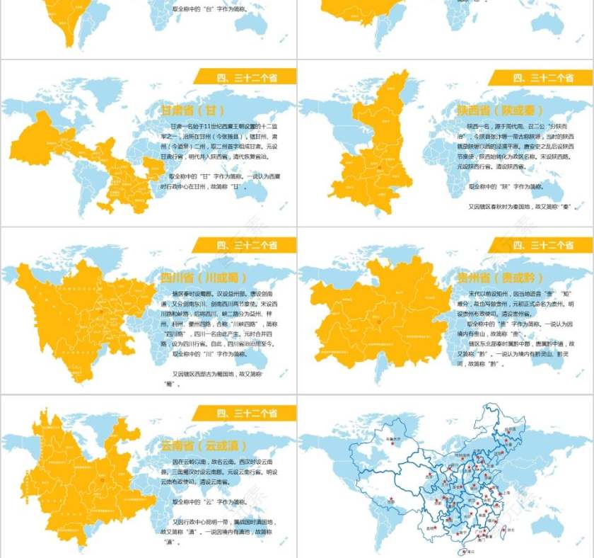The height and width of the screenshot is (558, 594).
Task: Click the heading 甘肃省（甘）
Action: pos(193,110)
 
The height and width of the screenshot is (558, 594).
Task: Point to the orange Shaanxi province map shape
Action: pos(375,156)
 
